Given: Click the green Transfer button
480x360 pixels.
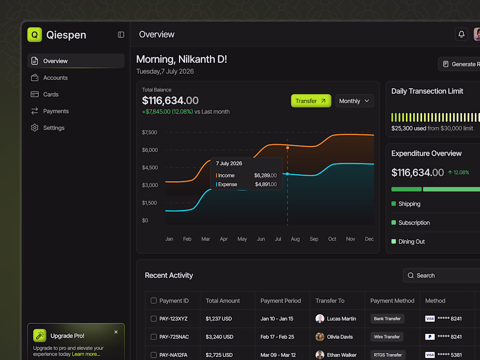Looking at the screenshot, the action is pos(311,101).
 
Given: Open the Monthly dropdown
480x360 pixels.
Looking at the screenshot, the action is pos(354,101).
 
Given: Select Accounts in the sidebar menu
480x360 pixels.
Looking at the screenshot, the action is pos(55,78).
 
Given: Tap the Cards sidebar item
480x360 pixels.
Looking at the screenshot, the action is pos(51,94).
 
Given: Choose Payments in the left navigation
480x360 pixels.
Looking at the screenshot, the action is pos(56,111).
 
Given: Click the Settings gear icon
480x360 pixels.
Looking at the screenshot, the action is pos(34,128).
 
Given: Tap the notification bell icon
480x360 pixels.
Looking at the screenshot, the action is pos(461,34).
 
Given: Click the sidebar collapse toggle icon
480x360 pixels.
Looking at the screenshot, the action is pos(121,34).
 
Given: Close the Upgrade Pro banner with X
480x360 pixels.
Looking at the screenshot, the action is pos(116,332).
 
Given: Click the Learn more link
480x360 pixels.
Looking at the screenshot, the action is pos(86,354).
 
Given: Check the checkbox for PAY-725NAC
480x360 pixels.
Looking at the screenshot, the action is pos(154,337).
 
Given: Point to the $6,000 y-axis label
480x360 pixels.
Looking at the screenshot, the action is pos(150,150).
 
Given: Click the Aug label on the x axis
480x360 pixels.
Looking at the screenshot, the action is pos(295,239).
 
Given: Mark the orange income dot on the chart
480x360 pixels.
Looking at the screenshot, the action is pos(288,147).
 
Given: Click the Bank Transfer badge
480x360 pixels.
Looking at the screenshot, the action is pos(387,319).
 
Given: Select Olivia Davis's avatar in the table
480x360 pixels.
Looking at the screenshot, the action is pos(320,337).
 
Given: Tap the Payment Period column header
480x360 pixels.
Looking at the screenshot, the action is pos(281,301).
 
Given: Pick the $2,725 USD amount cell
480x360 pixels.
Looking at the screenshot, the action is pos(219,355).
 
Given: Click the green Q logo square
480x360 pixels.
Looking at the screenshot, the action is pos(34,34).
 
